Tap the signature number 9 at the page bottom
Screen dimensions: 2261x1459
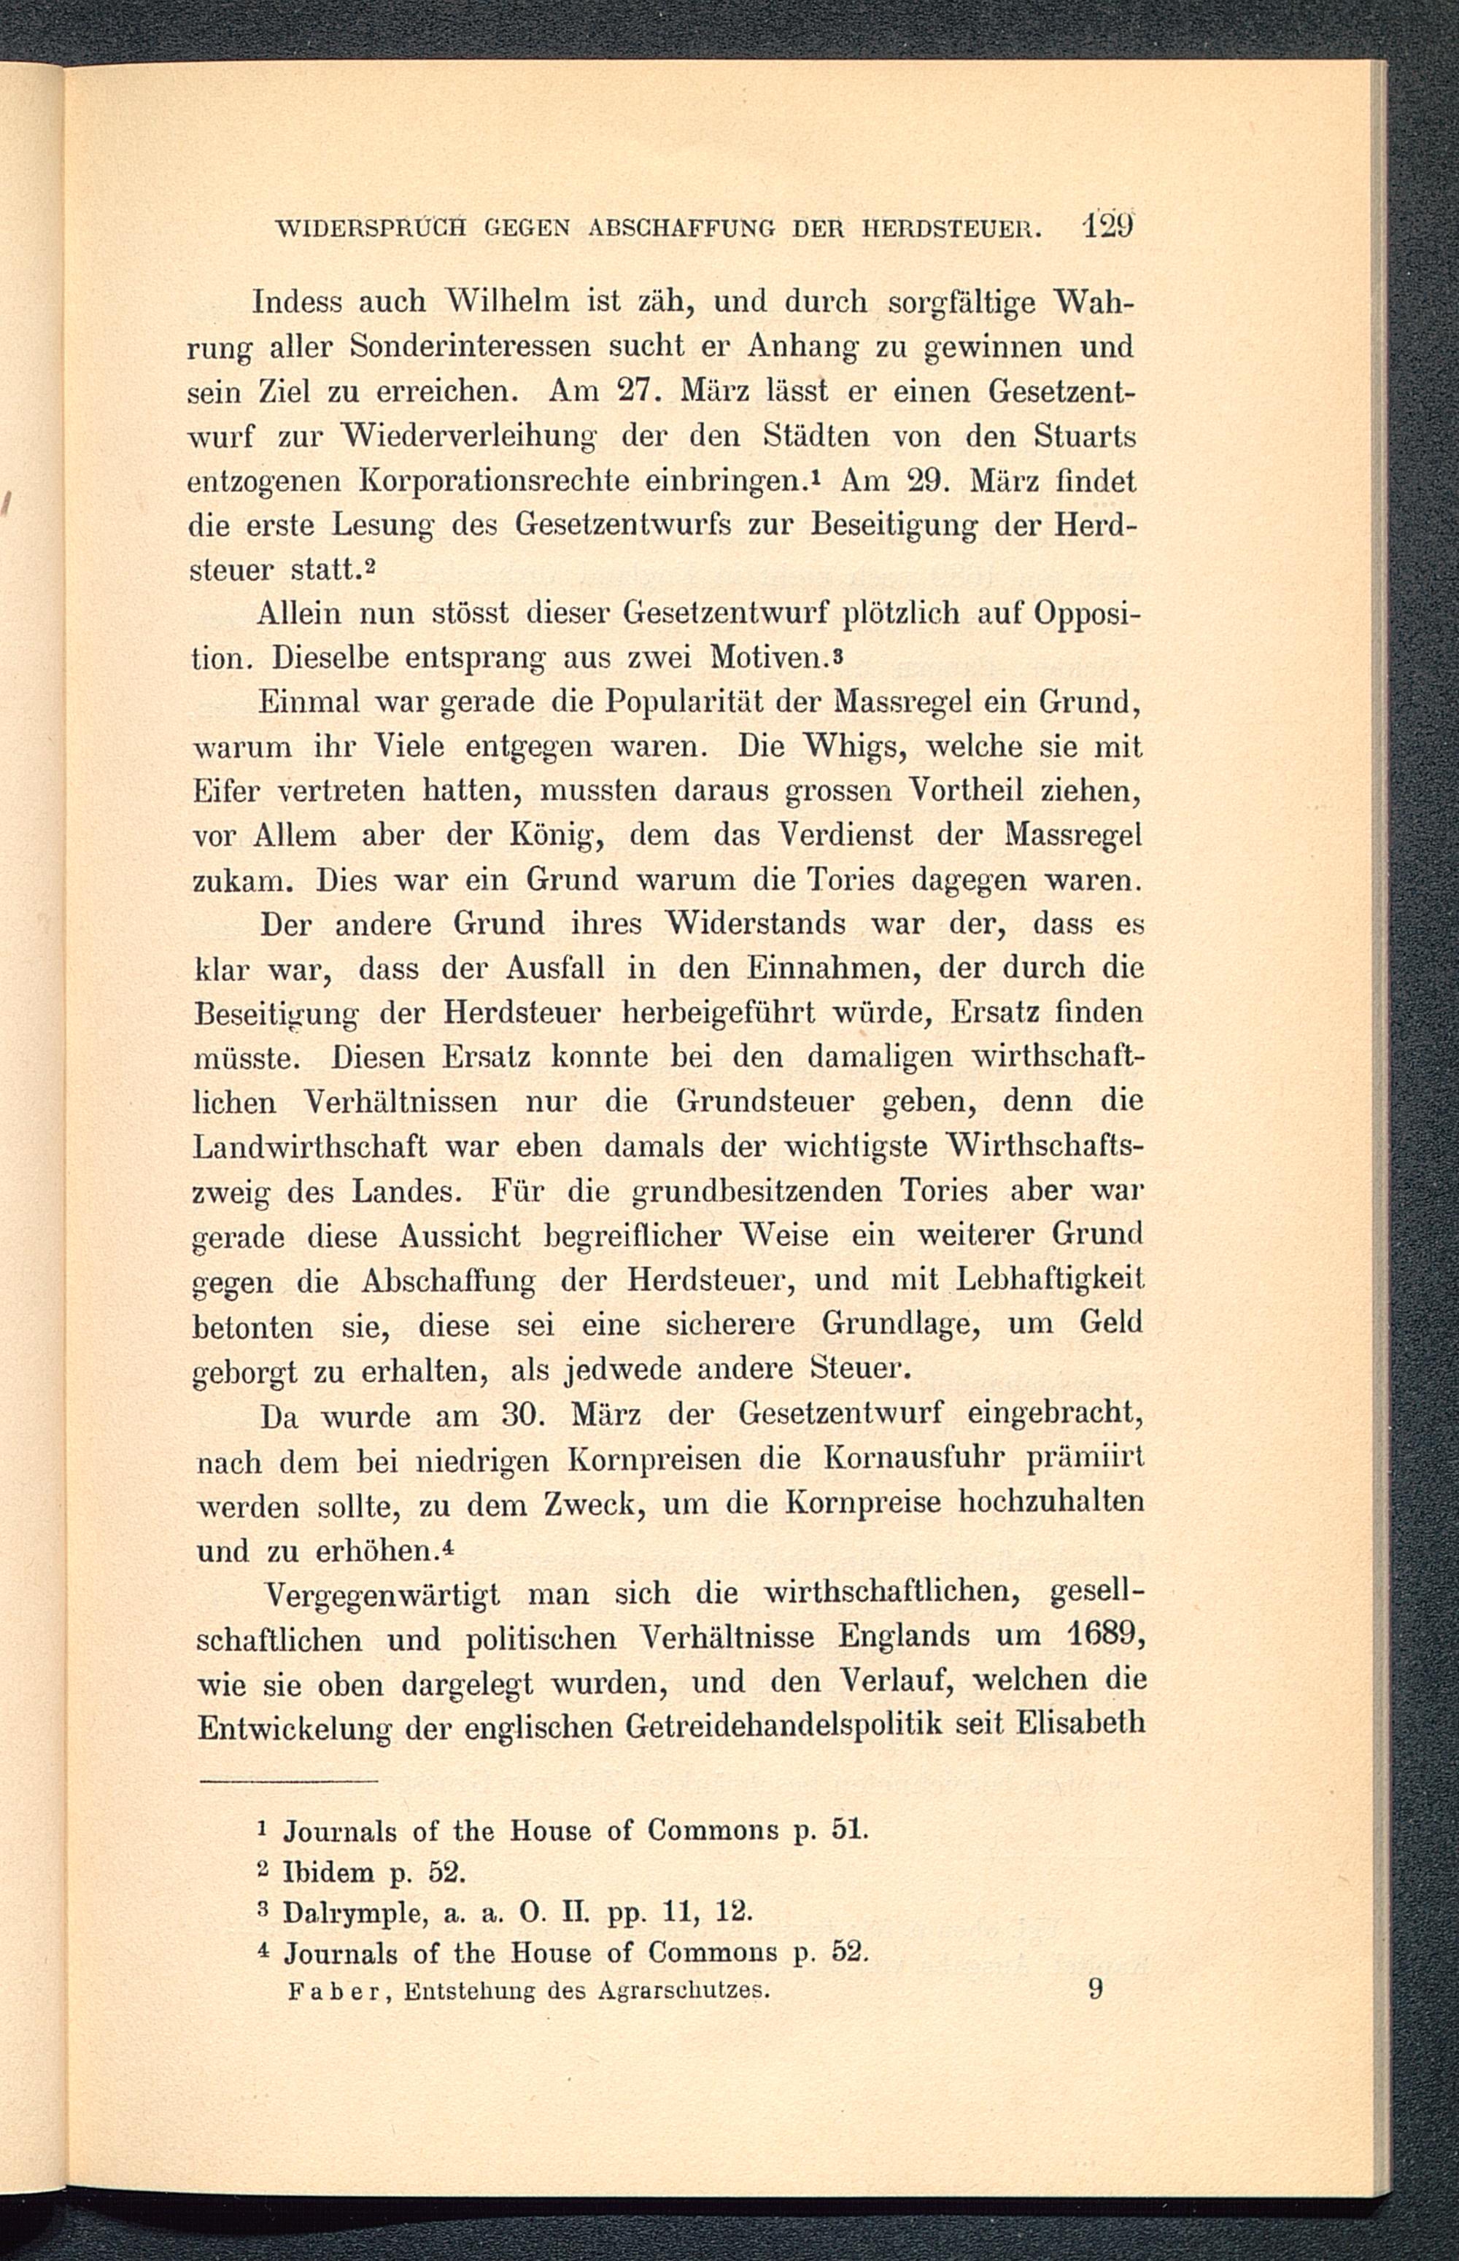(x=1095, y=1990)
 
